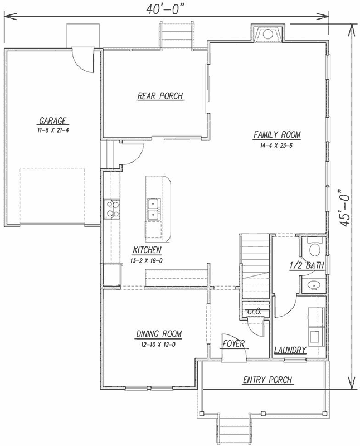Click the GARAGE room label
pyautogui.click(x=53, y=120)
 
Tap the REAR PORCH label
pyautogui.click(x=160, y=96)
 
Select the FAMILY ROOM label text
pyautogui.click(x=277, y=135)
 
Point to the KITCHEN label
pyautogui.click(x=147, y=250)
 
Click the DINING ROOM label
pyautogui.click(x=159, y=334)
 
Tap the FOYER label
pyautogui.click(x=233, y=344)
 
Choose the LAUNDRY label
pyautogui.click(x=290, y=351)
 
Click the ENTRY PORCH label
pyautogui.click(x=267, y=380)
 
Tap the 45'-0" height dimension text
pyautogui.click(x=347, y=209)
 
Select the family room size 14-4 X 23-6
pyautogui.click(x=277, y=144)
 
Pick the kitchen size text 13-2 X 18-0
pyautogui.click(x=147, y=260)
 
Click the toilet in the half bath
pyautogui.click(x=314, y=248)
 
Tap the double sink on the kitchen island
pyautogui.click(x=153, y=209)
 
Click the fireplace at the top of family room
pyautogui.click(x=268, y=33)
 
